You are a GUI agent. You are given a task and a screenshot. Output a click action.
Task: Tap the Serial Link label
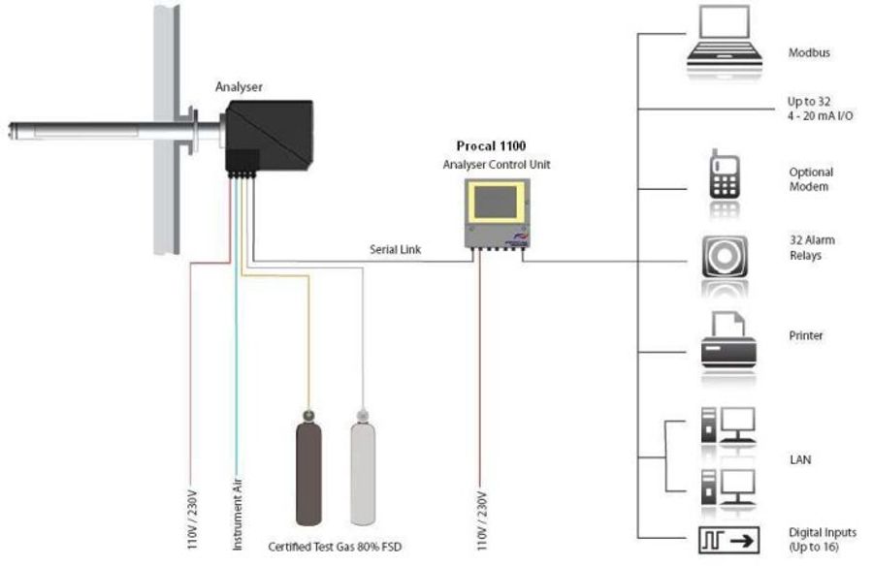point(394,249)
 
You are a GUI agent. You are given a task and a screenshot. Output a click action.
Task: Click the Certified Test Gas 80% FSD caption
point(335,548)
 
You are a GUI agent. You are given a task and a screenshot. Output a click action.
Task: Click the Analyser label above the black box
point(239,87)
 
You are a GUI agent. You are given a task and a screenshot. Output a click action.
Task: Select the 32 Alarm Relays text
point(812,247)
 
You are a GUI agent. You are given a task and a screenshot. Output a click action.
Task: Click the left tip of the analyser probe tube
point(13,126)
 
